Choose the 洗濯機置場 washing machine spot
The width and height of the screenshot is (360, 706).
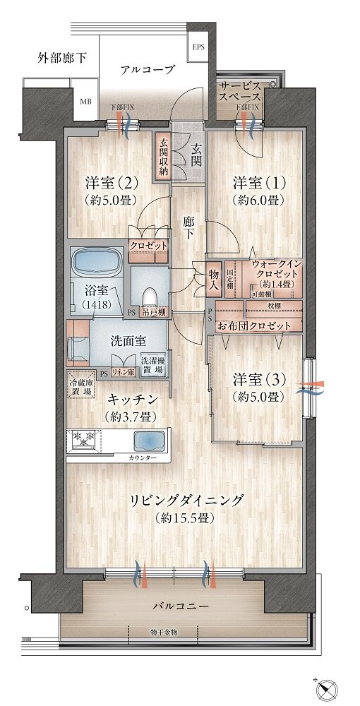coord(153,364)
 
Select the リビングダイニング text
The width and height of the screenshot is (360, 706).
coord(186,501)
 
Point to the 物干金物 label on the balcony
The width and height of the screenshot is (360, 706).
coord(164,630)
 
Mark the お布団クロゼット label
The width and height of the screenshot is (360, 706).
coord(254,326)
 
